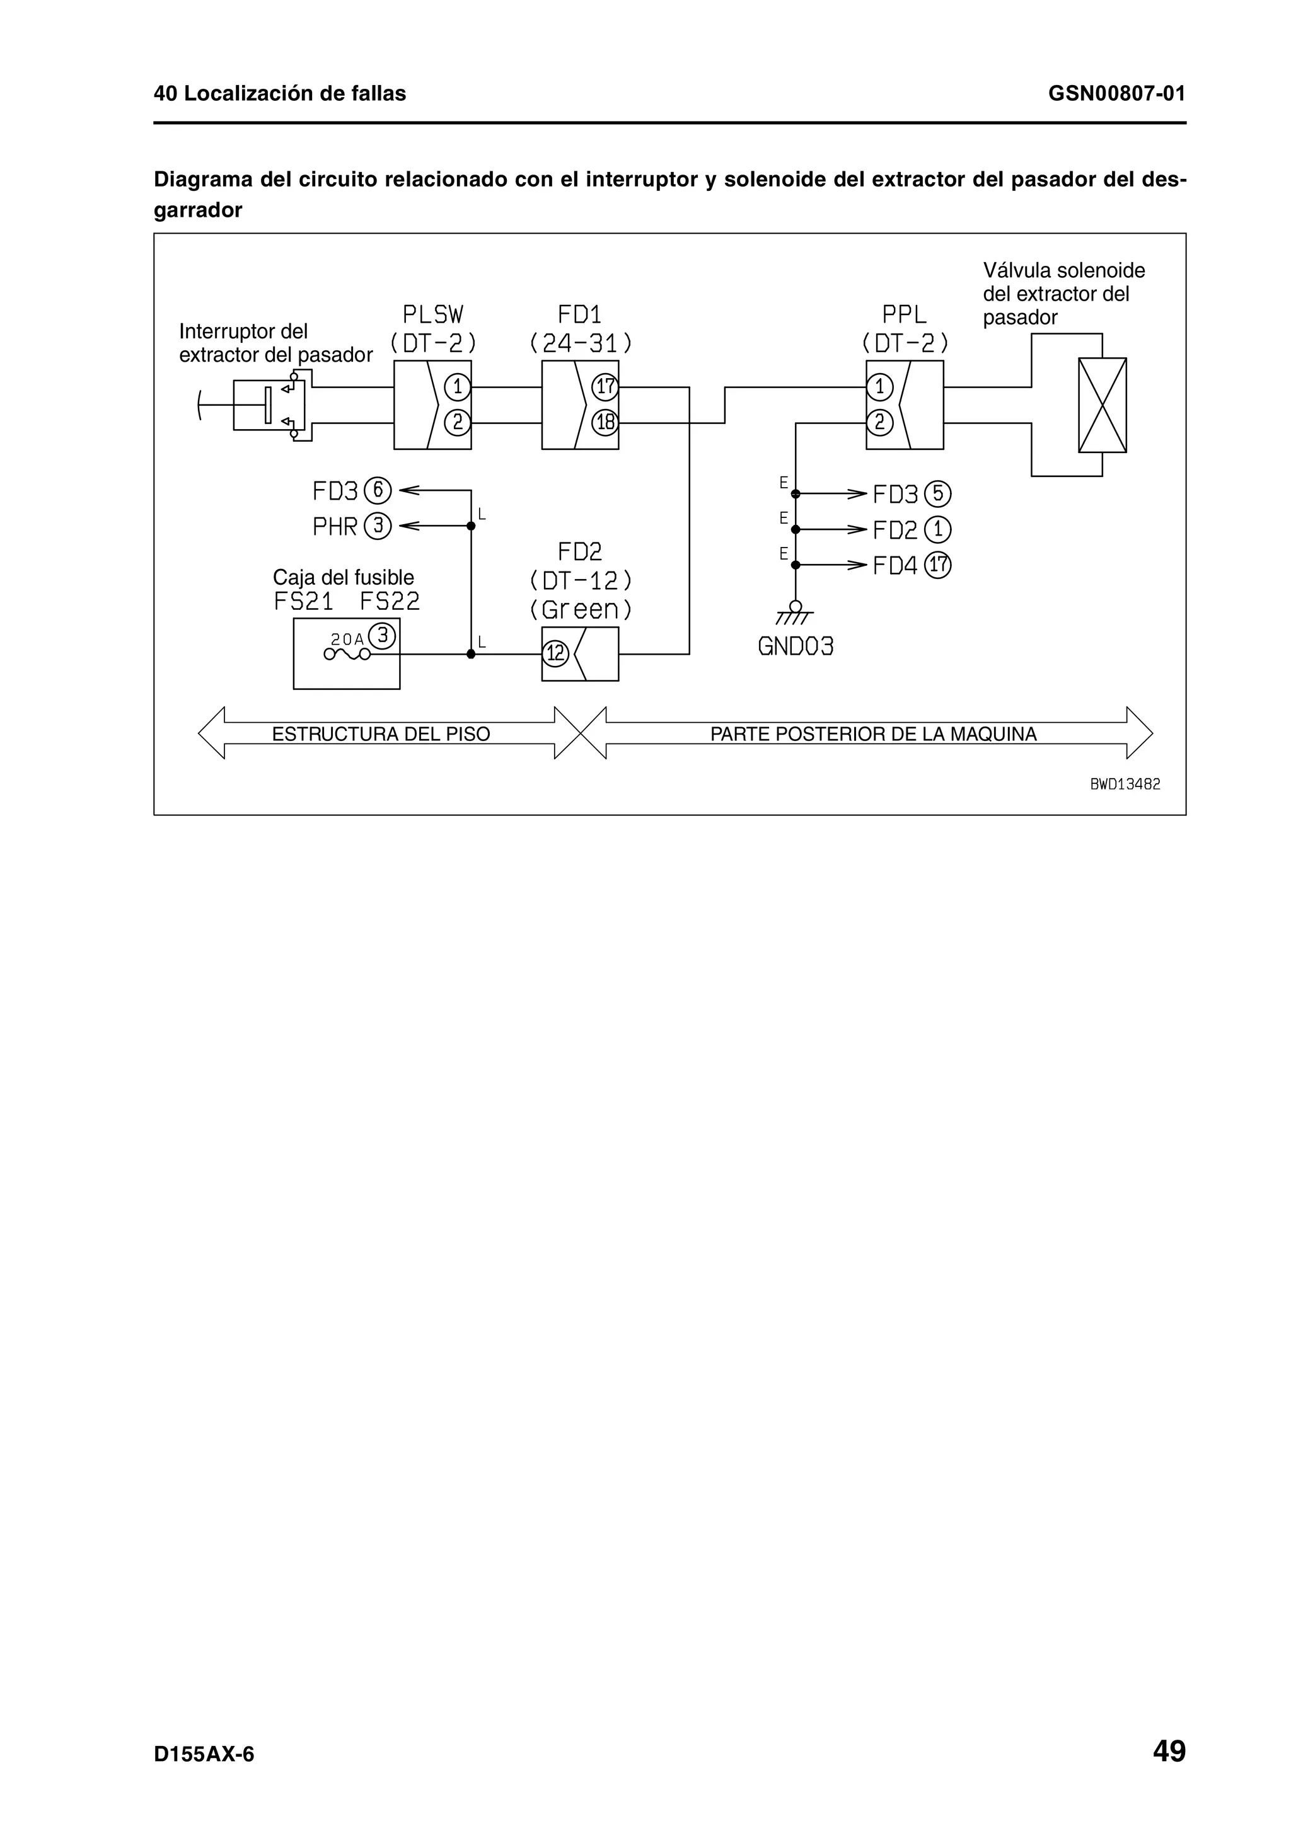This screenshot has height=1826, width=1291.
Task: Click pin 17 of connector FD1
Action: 605,388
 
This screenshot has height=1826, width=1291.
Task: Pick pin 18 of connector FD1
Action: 605,422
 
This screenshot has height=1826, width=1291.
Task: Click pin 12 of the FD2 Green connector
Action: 555,654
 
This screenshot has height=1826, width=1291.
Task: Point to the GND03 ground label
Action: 796,646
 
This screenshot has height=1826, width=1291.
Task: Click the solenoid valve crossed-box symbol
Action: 1102,405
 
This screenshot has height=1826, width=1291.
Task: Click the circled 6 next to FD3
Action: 378,491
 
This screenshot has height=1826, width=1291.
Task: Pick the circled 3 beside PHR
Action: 378,525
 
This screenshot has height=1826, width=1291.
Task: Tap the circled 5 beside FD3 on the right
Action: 938,494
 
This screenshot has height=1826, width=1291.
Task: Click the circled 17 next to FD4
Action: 939,565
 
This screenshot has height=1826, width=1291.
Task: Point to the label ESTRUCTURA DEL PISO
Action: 381,734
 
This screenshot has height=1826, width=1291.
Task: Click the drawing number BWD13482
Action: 1125,784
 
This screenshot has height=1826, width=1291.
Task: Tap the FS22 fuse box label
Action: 390,601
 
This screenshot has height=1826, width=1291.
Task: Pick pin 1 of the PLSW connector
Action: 458,388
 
